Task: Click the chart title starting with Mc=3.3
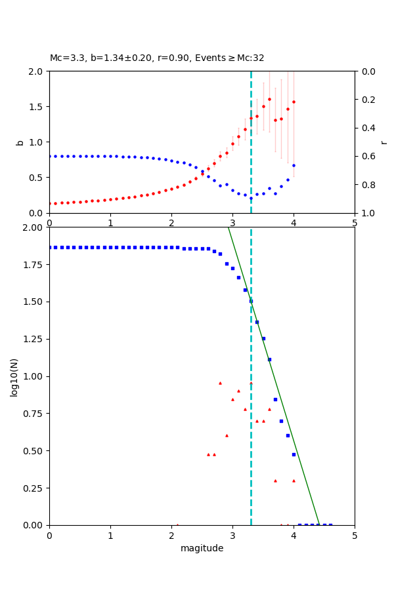click(x=157, y=58)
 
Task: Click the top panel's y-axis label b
click(x=20, y=142)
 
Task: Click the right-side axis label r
click(x=383, y=142)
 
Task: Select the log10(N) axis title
click(x=14, y=376)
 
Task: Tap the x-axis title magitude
click(x=202, y=548)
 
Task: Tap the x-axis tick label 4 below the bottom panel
click(x=294, y=536)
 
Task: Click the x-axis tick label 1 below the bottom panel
click(x=110, y=536)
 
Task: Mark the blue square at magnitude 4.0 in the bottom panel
click(x=294, y=454)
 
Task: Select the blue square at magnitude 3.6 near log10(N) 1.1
click(x=269, y=359)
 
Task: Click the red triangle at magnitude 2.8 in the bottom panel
click(x=220, y=383)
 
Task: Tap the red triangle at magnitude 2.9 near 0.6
click(x=227, y=435)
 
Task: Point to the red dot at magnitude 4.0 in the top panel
click(x=294, y=102)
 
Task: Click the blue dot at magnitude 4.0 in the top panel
click(x=294, y=165)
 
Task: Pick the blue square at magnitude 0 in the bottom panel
click(x=49, y=247)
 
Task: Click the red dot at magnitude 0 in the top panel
click(x=49, y=203)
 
